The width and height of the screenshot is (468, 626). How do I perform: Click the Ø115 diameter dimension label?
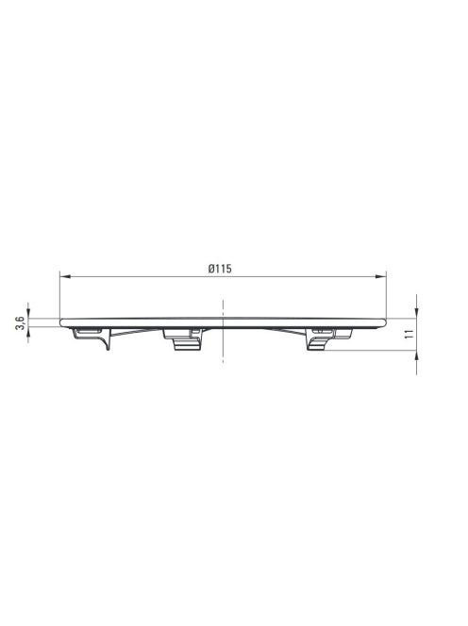tap(220, 269)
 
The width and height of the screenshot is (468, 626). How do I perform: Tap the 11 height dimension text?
tap(409, 334)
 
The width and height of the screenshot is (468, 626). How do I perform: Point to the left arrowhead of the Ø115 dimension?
tap(65, 276)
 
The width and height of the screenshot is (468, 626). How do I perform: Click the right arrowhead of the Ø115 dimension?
tap(381, 276)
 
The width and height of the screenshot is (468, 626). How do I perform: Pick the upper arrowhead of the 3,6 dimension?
tap(28, 313)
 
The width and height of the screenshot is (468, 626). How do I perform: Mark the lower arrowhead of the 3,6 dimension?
tap(28, 332)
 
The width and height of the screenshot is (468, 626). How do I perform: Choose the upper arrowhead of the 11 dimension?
tap(416, 313)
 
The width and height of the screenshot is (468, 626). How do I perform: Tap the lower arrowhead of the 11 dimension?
tap(416, 356)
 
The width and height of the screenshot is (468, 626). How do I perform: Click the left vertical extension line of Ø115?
tap(59, 295)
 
